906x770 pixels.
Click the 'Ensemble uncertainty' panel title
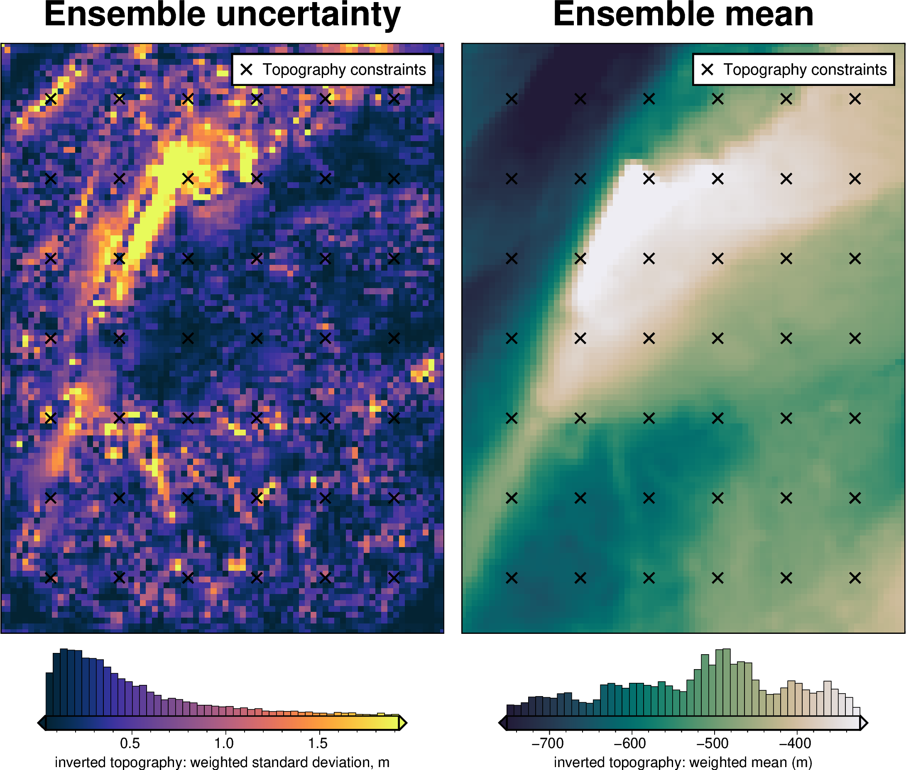(x=222, y=15)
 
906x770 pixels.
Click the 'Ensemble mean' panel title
(x=683, y=15)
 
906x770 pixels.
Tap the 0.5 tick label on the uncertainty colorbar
(x=130, y=743)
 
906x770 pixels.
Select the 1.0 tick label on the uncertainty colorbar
(x=224, y=743)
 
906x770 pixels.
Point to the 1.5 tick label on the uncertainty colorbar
(x=318, y=743)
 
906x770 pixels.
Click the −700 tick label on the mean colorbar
(x=548, y=743)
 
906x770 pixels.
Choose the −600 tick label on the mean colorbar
(x=630, y=743)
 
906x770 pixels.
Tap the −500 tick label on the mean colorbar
(x=713, y=743)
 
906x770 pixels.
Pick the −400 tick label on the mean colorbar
(x=795, y=743)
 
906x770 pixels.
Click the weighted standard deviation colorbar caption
(x=222, y=762)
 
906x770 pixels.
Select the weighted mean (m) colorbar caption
(x=683, y=762)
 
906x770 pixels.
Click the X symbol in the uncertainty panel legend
(x=247, y=69)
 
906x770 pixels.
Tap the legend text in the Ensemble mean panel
(x=805, y=69)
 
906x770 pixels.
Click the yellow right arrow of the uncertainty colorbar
(x=403, y=723)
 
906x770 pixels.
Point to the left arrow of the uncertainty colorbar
(x=42, y=723)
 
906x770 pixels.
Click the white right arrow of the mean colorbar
(x=864, y=723)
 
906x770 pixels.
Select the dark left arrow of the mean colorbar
(x=502, y=723)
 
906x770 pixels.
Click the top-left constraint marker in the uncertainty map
(x=51, y=99)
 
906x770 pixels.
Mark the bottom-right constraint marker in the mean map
(x=855, y=578)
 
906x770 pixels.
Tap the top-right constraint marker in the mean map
(x=855, y=99)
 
